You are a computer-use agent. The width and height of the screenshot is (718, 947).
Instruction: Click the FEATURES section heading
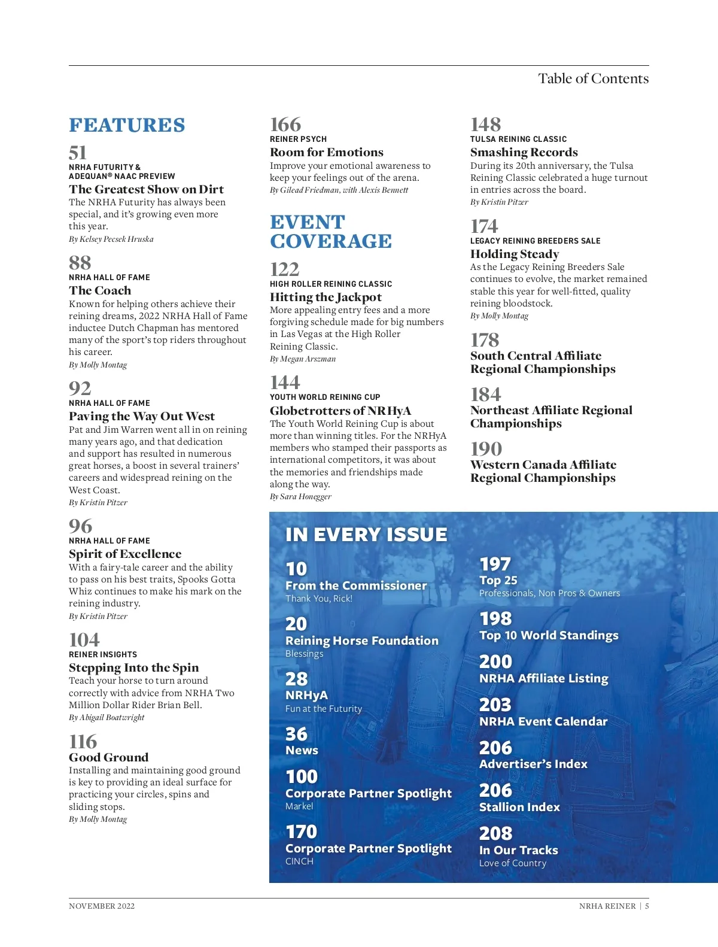[127, 125]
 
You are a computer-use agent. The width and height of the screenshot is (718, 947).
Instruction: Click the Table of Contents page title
[593, 78]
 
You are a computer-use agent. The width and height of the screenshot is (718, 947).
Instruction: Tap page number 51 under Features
[78, 153]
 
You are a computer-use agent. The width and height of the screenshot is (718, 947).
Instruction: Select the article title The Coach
[100, 290]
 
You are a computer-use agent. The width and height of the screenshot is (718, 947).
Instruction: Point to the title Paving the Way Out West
[142, 416]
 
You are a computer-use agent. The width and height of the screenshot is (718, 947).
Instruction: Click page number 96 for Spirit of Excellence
[81, 526]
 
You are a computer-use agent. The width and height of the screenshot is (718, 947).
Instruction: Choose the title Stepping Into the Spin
[134, 667]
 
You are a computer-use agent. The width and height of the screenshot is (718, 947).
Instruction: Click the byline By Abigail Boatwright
[107, 717]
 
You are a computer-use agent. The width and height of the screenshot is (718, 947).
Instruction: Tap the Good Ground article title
[109, 757]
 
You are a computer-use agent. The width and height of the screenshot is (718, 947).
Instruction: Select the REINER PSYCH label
[298, 139]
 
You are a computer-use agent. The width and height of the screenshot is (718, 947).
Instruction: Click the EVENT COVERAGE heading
[331, 232]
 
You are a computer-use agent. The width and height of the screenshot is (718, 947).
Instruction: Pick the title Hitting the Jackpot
[325, 297]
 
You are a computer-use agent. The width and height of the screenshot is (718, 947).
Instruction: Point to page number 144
[285, 383]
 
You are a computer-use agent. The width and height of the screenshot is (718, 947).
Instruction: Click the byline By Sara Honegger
[300, 496]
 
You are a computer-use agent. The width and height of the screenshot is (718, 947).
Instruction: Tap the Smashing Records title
[524, 152]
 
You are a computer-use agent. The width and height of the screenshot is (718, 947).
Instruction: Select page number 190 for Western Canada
[486, 449]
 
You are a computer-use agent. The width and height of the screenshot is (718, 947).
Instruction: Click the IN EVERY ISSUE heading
[366, 535]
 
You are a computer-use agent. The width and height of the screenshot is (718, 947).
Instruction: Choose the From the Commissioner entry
[356, 585]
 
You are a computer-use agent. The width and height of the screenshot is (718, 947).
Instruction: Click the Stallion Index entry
[519, 807]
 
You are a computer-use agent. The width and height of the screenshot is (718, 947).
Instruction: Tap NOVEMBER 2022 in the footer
[102, 906]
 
